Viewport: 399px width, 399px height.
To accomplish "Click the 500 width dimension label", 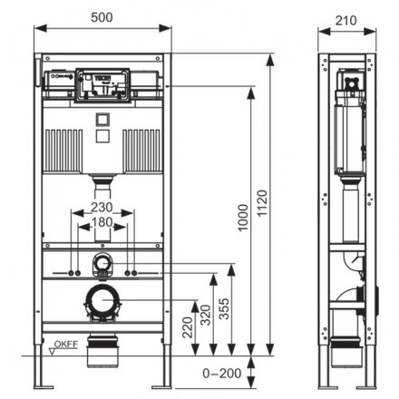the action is tap(102, 17).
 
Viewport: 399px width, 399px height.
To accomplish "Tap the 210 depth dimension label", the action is tap(345, 21).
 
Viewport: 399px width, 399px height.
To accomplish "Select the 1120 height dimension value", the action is tap(262, 203).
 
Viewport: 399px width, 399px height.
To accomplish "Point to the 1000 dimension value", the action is tap(243, 218).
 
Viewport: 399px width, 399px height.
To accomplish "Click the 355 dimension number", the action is tap(224, 308).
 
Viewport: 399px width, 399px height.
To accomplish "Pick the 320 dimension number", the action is tap(206, 315).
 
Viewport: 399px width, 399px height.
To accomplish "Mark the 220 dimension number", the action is tap(188, 327).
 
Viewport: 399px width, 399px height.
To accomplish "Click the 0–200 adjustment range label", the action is tap(222, 374).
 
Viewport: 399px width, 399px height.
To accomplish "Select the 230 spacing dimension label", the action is tap(102, 208).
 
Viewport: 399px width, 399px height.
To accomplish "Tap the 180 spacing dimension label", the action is tap(102, 222).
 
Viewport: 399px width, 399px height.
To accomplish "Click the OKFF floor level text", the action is tap(66, 344).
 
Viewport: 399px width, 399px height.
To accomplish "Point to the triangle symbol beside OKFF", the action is tap(53, 352).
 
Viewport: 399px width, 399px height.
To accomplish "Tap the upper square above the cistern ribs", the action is tap(102, 119).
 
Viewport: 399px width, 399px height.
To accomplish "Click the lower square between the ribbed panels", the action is tap(102, 136).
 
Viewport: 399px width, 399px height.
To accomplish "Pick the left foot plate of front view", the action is tap(44, 387).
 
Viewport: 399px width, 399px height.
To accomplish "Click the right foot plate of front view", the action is tap(161, 387).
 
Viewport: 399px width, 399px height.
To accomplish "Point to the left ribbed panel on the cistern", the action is tap(63, 151).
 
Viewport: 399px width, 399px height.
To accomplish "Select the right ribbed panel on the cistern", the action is tap(142, 151).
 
